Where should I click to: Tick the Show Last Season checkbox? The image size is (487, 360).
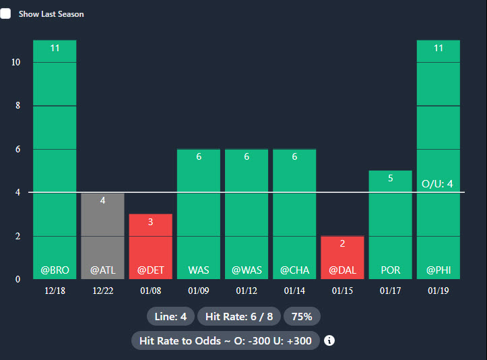click(5, 13)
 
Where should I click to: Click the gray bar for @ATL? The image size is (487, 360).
click(102, 235)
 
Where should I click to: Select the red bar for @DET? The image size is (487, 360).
click(150, 246)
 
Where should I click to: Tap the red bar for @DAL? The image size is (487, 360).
click(342, 257)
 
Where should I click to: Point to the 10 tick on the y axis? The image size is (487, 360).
click(16, 63)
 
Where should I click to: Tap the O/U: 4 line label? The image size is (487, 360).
click(437, 183)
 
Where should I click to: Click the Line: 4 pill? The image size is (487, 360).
click(170, 316)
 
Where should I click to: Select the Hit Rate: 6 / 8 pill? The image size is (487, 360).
click(239, 316)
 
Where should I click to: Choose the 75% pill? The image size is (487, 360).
click(302, 316)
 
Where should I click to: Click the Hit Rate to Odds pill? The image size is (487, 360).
click(225, 340)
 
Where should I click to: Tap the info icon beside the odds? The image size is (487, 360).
click(329, 340)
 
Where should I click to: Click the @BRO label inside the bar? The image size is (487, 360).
click(55, 270)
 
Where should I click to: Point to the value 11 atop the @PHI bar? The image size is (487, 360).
click(438, 48)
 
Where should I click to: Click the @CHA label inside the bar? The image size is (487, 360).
click(294, 270)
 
